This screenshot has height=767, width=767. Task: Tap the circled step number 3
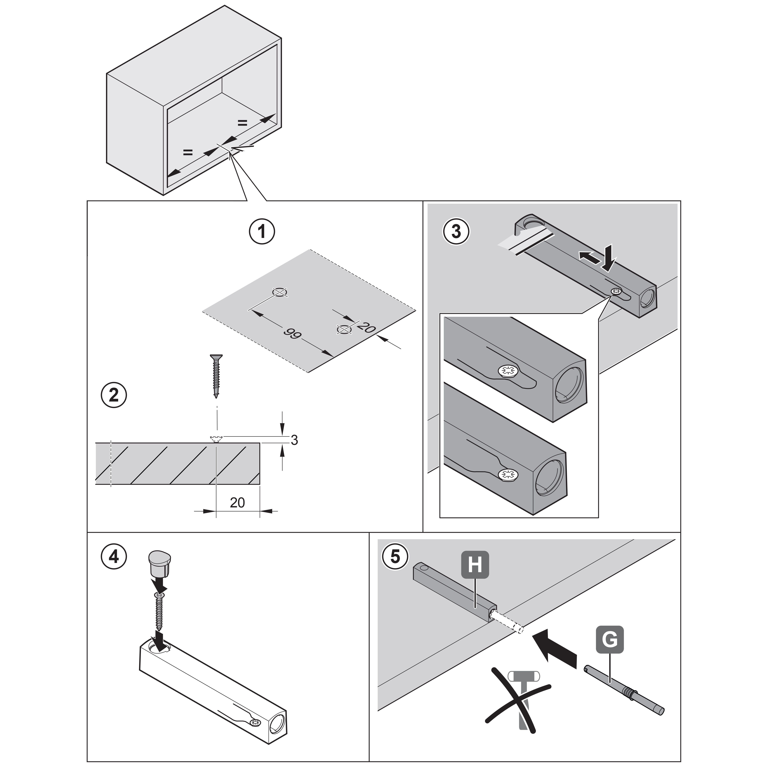[x=456, y=231]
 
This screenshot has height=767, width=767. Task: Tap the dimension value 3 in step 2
[x=294, y=440]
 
